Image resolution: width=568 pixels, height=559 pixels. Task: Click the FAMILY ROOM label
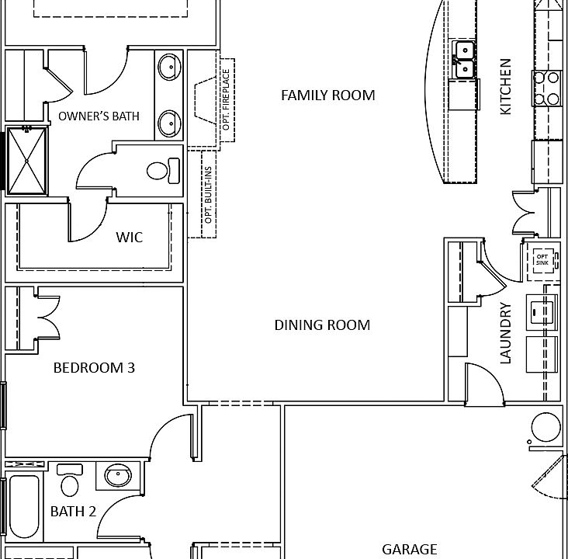coord(327,95)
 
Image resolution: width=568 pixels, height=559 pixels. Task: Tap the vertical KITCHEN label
coord(506,86)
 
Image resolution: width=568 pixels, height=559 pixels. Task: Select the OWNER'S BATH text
coord(99,116)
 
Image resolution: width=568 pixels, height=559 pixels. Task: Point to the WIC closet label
coord(130,237)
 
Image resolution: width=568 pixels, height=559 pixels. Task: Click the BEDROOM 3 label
coord(94,367)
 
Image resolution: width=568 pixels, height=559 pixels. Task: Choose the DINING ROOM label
coord(322,325)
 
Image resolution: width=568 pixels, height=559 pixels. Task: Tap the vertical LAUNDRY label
coord(506,333)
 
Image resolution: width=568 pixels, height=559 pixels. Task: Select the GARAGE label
coord(409,549)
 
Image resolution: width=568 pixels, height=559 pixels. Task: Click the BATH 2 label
coord(73,511)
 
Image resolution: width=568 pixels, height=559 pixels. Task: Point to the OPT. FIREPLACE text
coord(227,105)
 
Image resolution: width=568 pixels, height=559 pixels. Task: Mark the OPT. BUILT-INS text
coord(208,195)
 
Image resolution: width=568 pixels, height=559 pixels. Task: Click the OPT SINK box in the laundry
coord(542,259)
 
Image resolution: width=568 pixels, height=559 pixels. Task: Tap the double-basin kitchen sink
coord(464,61)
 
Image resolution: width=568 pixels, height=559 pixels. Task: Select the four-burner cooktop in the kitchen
coord(545,88)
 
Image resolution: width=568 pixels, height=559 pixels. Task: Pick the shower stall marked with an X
coord(27,161)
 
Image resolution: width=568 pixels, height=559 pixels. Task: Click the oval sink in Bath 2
coord(118,474)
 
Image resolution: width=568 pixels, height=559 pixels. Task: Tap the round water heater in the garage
coord(545,428)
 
